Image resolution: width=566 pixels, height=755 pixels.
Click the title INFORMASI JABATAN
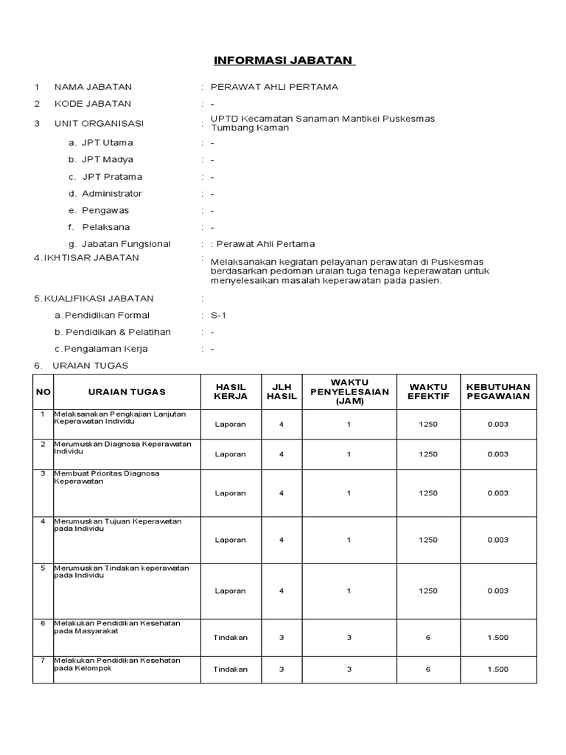click(x=283, y=60)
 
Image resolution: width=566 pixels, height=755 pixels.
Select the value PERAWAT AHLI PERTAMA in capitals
click(x=274, y=87)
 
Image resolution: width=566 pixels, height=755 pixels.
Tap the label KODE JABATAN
click(x=93, y=104)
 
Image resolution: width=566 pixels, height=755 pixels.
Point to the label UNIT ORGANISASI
click(x=99, y=123)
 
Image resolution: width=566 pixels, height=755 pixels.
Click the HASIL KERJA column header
click(x=231, y=392)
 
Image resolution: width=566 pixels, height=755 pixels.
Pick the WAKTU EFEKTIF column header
click(x=428, y=392)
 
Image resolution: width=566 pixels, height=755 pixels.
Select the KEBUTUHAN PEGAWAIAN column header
click(x=498, y=392)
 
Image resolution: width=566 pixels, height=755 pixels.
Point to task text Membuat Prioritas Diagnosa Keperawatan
click(x=106, y=477)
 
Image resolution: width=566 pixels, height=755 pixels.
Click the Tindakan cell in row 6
click(x=231, y=638)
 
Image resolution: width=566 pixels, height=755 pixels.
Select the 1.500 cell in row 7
click(x=498, y=669)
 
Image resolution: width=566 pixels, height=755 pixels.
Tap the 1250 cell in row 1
click(x=428, y=425)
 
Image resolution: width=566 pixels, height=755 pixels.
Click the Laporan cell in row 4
click(x=231, y=540)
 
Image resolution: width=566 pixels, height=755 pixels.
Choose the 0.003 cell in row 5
click(x=498, y=591)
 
